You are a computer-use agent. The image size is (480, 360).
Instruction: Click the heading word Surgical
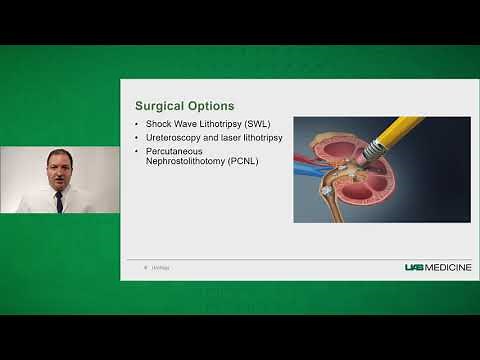tap(158, 105)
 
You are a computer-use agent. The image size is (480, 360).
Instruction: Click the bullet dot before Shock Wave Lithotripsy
tap(137, 124)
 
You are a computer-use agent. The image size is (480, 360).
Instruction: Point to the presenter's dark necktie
tap(59, 199)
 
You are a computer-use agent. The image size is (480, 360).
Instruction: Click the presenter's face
tap(58, 169)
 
